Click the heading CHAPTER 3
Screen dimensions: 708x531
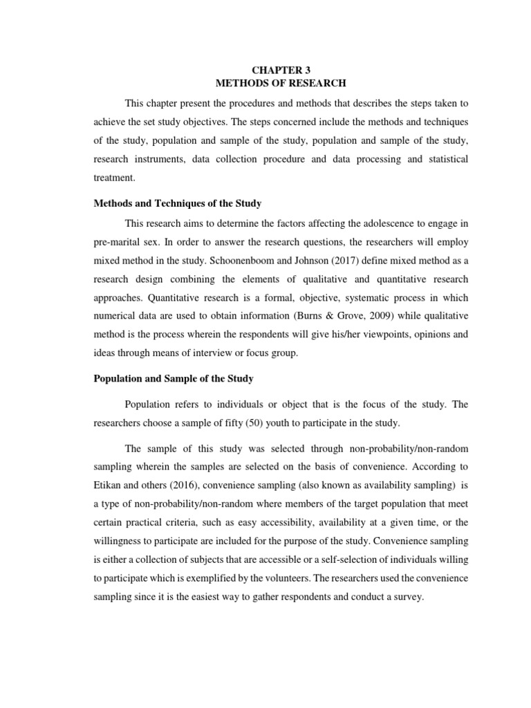coord(270,69)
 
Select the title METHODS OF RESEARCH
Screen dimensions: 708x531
coord(270,84)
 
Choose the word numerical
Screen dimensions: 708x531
coord(115,316)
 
